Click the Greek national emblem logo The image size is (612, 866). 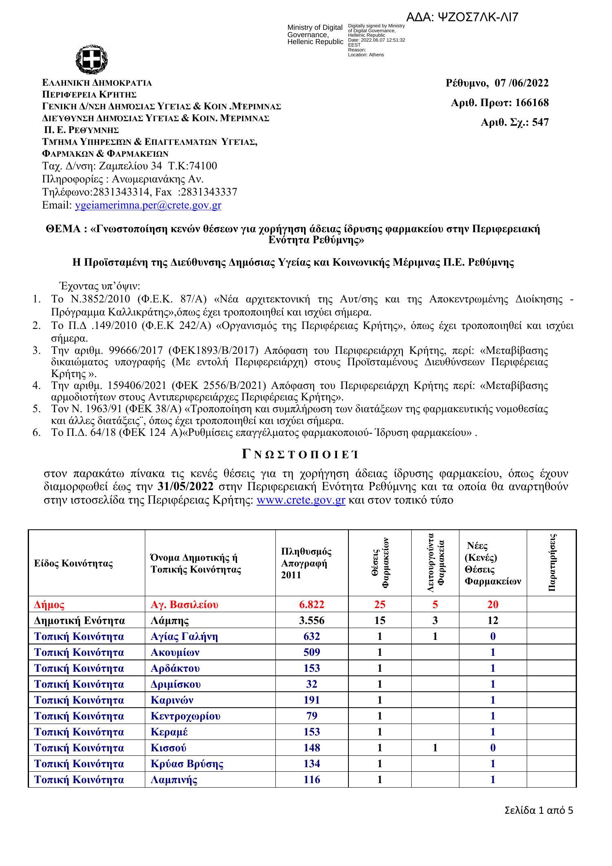[91, 60]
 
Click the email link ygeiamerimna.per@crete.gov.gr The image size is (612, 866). [149, 205]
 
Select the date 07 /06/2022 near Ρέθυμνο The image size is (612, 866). [521, 83]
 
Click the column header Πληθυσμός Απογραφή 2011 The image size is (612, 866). [306, 563]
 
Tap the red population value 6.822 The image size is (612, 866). [312, 604]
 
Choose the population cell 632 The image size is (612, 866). [312, 636]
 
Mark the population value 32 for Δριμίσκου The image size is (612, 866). [312, 684]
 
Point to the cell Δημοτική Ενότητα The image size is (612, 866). [80, 621]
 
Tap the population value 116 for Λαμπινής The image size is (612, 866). [312, 779]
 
